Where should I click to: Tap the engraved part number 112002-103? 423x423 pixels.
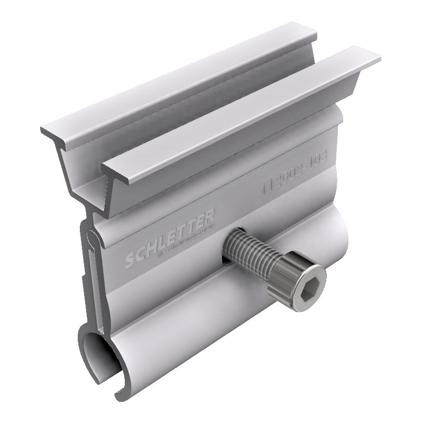(295, 172)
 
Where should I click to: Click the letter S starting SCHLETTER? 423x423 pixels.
(129, 260)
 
